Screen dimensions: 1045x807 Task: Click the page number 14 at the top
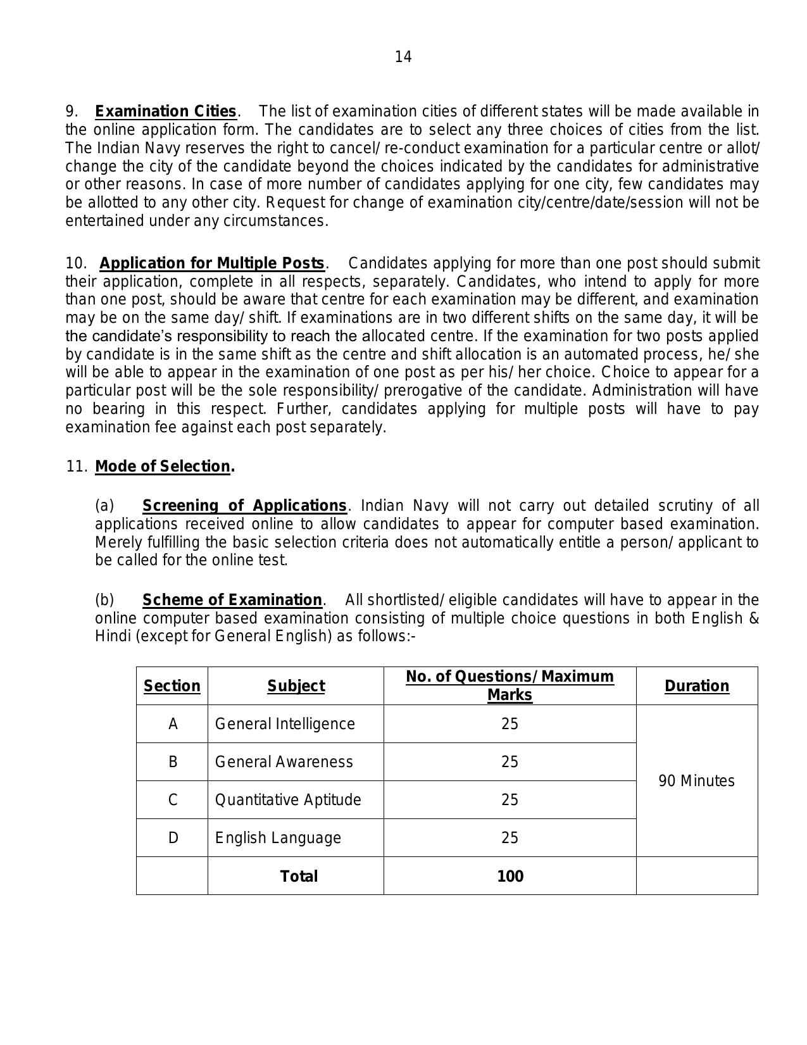(x=403, y=57)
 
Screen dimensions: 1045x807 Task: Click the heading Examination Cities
(x=166, y=111)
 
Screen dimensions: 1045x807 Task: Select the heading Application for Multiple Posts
(x=212, y=263)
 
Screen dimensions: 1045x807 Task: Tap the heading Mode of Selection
(x=163, y=466)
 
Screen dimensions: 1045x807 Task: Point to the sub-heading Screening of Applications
(x=244, y=506)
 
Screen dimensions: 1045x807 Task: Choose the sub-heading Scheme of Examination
(x=232, y=599)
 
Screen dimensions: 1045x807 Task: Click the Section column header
(x=172, y=686)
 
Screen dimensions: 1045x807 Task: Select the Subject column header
(x=296, y=686)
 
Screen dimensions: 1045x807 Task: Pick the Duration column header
(x=696, y=686)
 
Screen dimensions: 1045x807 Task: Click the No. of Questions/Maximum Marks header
(x=510, y=685)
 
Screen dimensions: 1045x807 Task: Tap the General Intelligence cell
(x=285, y=724)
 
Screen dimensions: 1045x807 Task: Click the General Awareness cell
(x=284, y=762)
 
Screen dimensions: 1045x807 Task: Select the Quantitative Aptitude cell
(x=288, y=800)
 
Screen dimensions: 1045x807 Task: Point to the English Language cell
(x=278, y=838)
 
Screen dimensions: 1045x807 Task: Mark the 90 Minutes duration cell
(x=696, y=781)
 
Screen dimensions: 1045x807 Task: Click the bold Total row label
(x=299, y=876)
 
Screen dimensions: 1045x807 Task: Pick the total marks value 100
(x=510, y=876)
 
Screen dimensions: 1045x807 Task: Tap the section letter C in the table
(x=173, y=800)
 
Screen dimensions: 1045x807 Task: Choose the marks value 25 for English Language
(x=510, y=838)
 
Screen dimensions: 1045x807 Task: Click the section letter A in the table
(x=173, y=724)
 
